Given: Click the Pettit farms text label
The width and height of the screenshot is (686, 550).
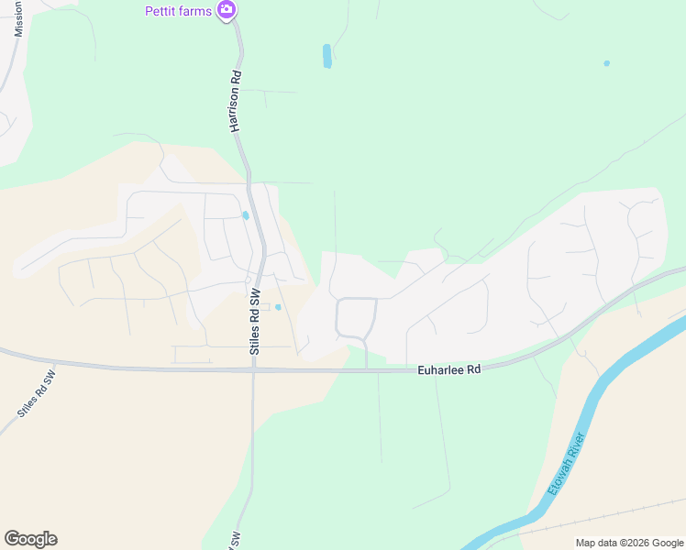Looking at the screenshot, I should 178,11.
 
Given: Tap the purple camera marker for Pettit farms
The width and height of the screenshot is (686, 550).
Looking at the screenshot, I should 227,11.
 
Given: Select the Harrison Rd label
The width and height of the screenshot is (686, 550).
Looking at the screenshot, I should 236,101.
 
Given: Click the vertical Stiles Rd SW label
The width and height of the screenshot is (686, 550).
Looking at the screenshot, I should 256,321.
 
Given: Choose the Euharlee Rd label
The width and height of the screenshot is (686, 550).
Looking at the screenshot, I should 449,369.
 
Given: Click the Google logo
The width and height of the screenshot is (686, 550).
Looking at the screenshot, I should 30,539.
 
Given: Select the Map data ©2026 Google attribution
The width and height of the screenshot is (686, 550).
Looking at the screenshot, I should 629,543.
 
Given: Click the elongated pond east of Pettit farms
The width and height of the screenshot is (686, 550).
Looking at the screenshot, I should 327,56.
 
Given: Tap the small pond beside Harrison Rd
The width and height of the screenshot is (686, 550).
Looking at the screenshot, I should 245,216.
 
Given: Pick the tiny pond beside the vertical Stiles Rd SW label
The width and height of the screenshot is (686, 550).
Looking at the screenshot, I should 278,307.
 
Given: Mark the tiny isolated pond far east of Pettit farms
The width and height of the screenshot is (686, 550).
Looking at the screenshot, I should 606,63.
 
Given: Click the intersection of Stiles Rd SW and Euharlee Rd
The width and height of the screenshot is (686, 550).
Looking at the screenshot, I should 253,370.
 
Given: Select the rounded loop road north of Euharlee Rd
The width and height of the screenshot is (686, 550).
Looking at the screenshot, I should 356,317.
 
